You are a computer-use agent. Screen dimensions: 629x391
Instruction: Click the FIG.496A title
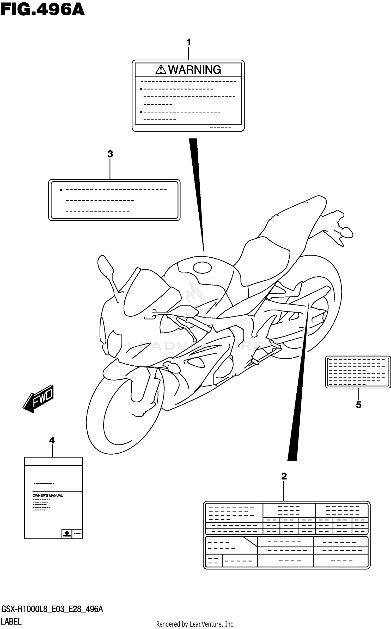[42, 10]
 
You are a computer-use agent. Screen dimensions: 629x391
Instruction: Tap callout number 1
[189, 42]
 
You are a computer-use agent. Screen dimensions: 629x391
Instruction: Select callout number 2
[284, 476]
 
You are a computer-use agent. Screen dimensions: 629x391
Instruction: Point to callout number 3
[110, 154]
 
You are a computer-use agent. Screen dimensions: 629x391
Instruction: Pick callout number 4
[52, 440]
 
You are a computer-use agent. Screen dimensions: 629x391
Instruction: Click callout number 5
[358, 405]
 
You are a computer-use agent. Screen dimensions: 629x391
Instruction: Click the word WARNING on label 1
[194, 70]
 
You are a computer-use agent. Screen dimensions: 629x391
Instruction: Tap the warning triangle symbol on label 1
[161, 69]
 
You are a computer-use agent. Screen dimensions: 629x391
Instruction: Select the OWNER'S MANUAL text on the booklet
[47, 495]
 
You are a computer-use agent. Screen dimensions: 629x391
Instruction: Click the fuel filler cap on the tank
[202, 267]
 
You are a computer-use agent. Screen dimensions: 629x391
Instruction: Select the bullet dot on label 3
[61, 190]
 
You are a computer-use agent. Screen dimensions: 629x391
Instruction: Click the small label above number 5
[358, 372]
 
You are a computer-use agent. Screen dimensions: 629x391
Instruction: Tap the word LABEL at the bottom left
[11, 622]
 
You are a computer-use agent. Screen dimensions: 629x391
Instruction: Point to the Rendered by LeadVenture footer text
[195, 624]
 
